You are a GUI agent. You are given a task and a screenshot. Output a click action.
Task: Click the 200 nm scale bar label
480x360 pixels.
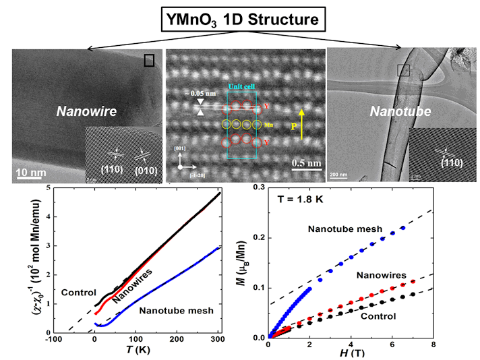point(339,174)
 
